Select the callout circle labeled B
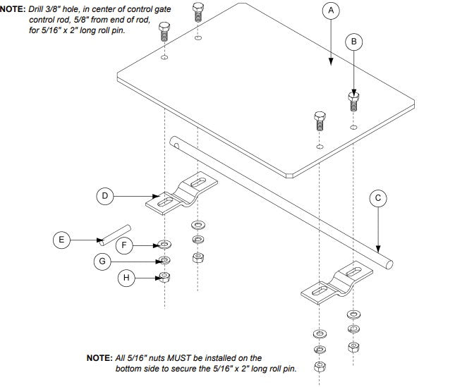(354, 42)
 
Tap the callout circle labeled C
(378, 198)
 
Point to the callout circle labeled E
(61, 240)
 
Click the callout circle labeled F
(124, 245)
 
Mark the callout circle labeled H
(126, 278)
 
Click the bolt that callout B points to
(354, 102)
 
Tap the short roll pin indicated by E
(115, 233)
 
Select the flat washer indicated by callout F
(164, 245)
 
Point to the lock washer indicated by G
(164, 261)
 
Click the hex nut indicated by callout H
(164, 276)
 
